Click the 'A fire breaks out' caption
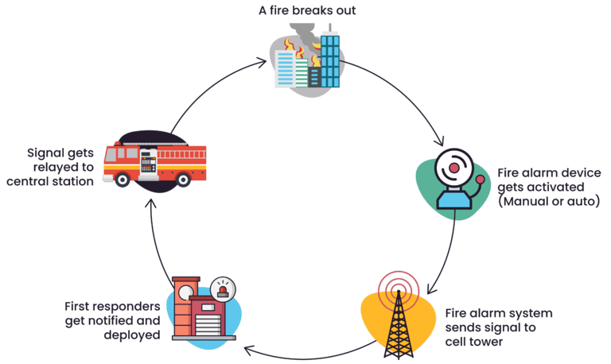(307, 10)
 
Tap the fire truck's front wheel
(123, 180)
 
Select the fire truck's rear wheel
(183, 180)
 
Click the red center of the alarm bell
(454, 168)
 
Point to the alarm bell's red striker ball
(480, 179)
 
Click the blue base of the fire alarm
(454, 200)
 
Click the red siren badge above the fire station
(223, 288)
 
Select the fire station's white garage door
(208, 325)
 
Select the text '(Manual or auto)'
(549, 201)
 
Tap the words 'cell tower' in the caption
(474, 342)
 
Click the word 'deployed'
(132, 335)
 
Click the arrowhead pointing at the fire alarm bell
(441, 141)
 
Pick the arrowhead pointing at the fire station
(248, 350)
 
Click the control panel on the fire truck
(148, 164)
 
